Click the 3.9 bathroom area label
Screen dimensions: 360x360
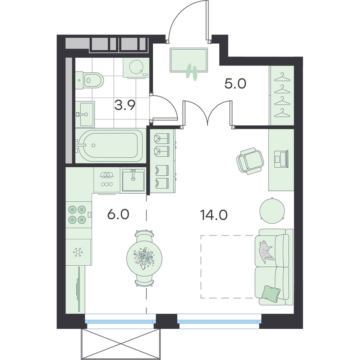coord(125,105)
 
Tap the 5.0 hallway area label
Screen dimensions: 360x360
coord(235,84)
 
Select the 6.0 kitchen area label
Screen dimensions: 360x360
coord(118,215)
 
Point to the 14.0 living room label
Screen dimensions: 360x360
coord(214,215)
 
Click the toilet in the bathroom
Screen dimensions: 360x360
coord(89,81)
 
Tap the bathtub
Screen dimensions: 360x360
coord(110,145)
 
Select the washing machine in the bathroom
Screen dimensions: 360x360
coord(136,68)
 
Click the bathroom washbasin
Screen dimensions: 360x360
coord(85,114)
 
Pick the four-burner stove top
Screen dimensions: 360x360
coord(77,215)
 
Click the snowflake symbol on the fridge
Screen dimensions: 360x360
coord(78,252)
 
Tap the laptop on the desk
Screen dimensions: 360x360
coord(281,158)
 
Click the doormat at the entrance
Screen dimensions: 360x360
coord(189,60)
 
